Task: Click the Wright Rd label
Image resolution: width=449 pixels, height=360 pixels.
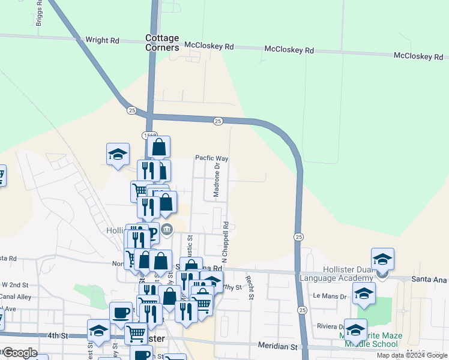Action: coord(102,41)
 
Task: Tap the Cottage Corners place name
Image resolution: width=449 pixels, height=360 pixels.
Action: coord(162,43)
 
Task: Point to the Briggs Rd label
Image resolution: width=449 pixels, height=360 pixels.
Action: coord(39,13)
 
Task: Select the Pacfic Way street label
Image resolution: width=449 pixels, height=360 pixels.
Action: coord(211,158)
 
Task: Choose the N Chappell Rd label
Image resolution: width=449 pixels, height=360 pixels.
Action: coord(226,242)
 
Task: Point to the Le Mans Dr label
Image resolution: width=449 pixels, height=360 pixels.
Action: coord(331,296)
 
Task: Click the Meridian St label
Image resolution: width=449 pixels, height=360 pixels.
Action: coord(277,347)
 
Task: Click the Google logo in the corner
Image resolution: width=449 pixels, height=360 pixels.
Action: coord(20,353)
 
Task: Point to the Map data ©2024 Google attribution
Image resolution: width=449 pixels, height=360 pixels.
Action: coord(412,355)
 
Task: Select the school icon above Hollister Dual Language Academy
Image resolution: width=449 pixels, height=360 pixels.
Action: coord(382,259)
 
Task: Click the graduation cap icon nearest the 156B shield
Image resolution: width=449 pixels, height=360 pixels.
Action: coord(118,154)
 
